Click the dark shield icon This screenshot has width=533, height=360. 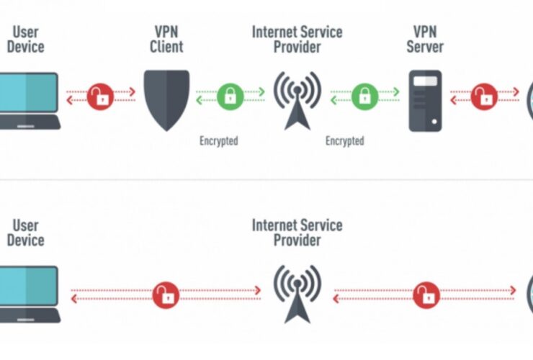coord(167,99)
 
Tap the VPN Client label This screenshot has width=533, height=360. coord(167,40)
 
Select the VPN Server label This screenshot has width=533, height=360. coord(425,40)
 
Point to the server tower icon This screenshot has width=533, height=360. coord(425,100)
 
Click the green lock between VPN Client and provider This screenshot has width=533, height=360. coord(230,94)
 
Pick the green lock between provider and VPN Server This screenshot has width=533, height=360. coord(365,94)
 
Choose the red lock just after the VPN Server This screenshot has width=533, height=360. coord(484,94)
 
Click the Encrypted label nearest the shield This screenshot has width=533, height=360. coord(218,141)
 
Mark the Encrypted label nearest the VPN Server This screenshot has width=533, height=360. coord(344,141)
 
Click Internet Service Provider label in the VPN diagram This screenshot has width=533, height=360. coord(297,40)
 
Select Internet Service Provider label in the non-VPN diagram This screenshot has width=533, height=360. coord(297,232)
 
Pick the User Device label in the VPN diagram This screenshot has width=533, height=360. coord(25,40)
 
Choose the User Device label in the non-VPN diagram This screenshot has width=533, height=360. coord(25,232)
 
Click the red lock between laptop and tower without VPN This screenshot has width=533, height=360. coord(166,293)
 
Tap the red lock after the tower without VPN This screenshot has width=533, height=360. coord(425,293)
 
